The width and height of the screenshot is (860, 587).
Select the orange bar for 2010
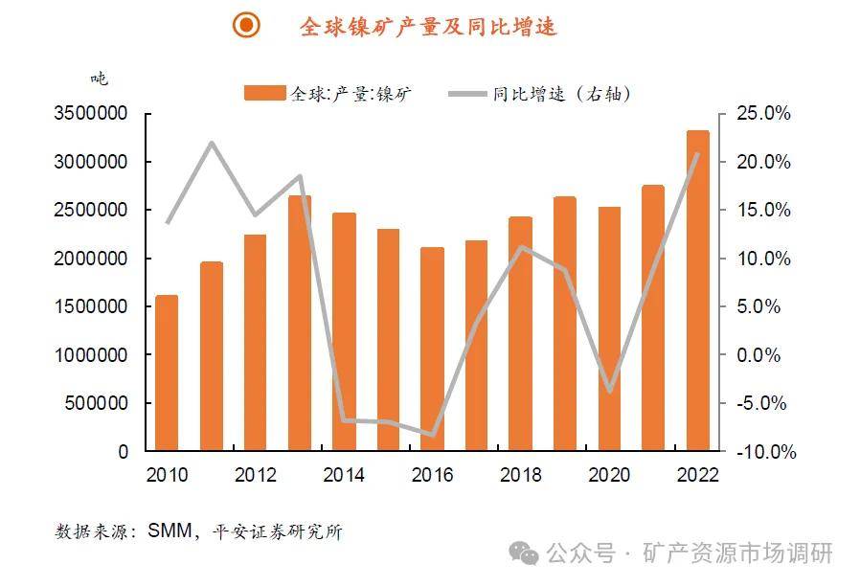(x=167, y=373)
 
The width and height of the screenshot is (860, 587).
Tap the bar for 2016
(x=432, y=349)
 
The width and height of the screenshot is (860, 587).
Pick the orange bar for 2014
(x=344, y=331)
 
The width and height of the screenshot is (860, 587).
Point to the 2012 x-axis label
(x=255, y=475)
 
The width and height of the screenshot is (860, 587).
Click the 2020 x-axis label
(x=608, y=475)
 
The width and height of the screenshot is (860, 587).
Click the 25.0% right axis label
(x=764, y=114)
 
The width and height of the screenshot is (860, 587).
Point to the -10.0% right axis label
(x=762, y=451)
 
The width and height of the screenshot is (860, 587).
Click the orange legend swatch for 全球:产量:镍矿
(x=265, y=93)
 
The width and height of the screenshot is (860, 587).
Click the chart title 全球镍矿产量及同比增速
(x=428, y=27)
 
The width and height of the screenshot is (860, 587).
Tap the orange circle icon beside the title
(x=247, y=26)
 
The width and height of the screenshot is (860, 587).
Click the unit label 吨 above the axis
(x=99, y=79)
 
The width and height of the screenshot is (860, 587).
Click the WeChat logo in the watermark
(x=523, y=553)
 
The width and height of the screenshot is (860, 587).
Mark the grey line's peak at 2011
(x=212, y=144)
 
